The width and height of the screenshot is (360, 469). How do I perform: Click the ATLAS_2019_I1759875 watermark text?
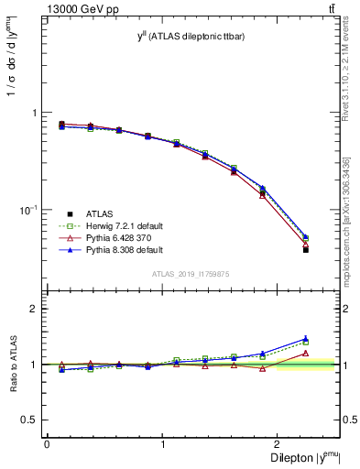point(191,273)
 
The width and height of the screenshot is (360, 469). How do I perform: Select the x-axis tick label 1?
point(163,442)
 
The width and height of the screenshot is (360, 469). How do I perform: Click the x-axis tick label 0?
point(47,442)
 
